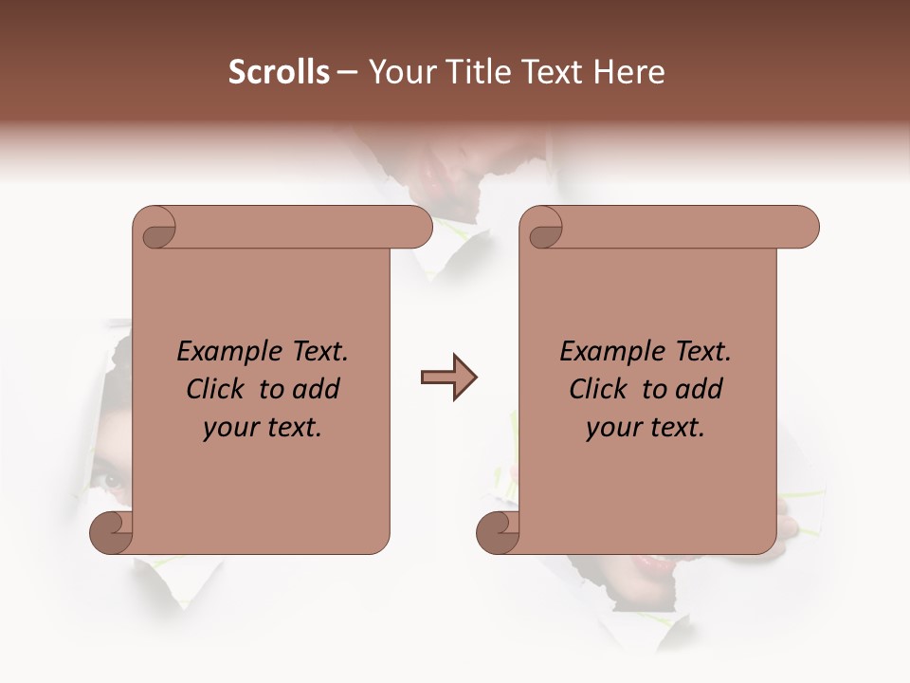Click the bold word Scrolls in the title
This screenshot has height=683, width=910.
pyautogui.click(x=279, y=72)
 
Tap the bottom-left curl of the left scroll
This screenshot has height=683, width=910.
pyautogui.click(x=111, y=532)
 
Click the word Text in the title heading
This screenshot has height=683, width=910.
pyautogui.click(x=549, y=72)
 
